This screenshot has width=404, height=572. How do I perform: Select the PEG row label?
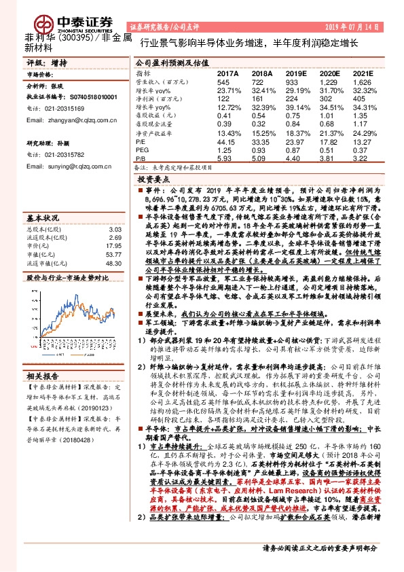click(x=142, y=150)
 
